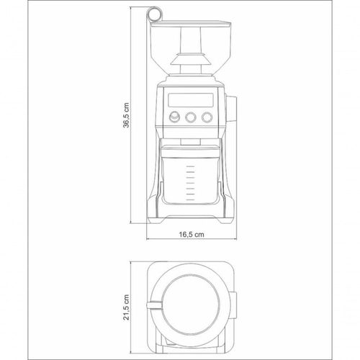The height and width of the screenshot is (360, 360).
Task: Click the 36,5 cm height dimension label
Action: tap(126, 115)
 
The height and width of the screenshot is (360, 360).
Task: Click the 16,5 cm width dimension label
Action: tap(192, 234)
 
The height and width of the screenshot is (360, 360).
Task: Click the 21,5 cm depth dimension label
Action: tap(126, 307)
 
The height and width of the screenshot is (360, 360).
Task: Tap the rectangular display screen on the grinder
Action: tap(191, 99)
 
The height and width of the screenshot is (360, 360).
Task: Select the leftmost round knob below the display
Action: tap(174, 117)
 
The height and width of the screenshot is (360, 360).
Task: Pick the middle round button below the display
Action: tap(191, 117)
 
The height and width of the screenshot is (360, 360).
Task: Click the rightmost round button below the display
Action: tap(207, 117)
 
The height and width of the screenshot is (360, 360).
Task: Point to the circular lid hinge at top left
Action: tap(154, 14)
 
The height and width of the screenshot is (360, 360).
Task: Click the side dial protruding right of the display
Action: tap(231, 109)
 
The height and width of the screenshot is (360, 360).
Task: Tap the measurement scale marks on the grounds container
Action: tap(190, 183)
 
